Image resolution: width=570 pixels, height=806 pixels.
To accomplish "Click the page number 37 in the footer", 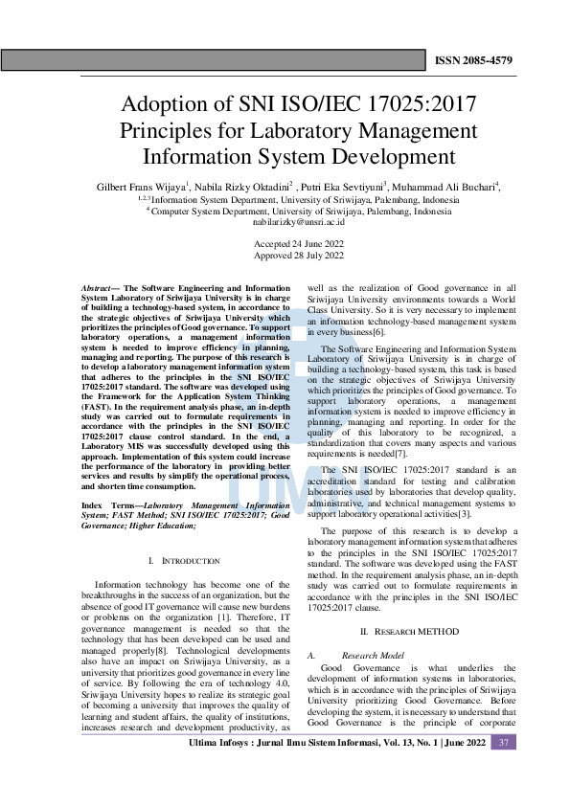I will [504, 743].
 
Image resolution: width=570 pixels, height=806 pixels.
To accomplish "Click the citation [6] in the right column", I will [379, 330].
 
